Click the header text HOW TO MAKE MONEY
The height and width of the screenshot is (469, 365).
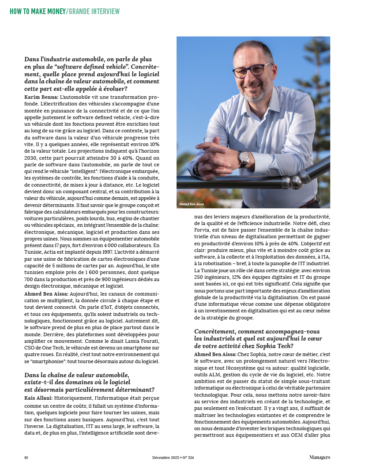click(x=37, y=11)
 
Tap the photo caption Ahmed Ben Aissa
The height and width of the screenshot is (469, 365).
click(x=191, y=204)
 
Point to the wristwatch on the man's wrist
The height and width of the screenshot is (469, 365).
click(x=244, y=157)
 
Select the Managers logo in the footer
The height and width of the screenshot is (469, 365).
click(x=320, y=458)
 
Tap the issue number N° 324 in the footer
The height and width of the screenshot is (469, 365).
click(x=187, y=458)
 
